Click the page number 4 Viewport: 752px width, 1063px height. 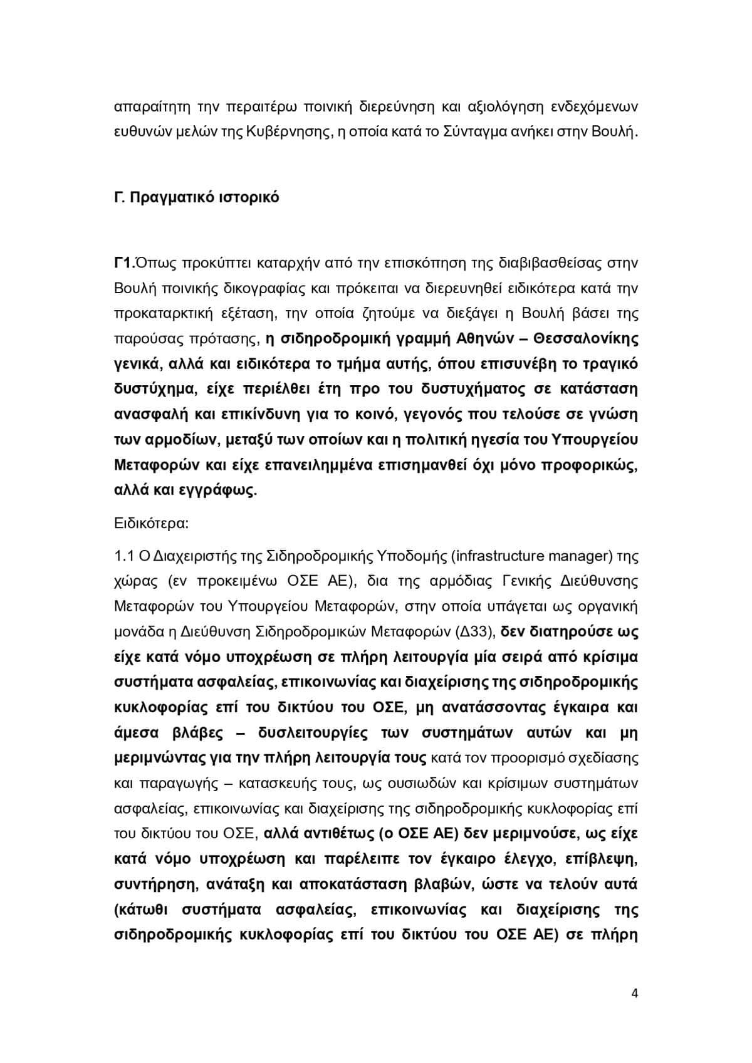click(635, 993)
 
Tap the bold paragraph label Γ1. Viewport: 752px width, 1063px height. click(122, 263)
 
